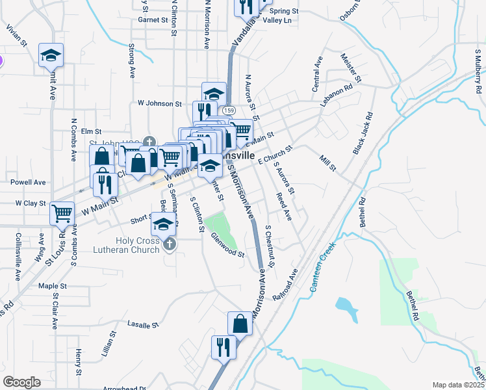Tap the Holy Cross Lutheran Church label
pyautogui.click(x=137, y=245)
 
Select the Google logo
pyautogui.click(x=22, y=382)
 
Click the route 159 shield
pyautogui.click(x=229, y=111)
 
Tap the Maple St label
pyautogui.click(x=53, y=285)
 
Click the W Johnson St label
pyautogui.click(x=159, y=103)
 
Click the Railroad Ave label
pyautogui.click(x=285, y=284)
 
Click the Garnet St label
pyautogui.click(x=153, y=20)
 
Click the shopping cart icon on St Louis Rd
pyautogui.click(x=62, y=212)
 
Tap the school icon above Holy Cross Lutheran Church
pyautogui.click(x=163, y=225)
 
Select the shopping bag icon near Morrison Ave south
pyautogui.click(x=240, y=323)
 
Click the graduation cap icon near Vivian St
pyautogui.click(x=51, y=55)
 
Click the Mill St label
pyautogui.click(x=327, y=163)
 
